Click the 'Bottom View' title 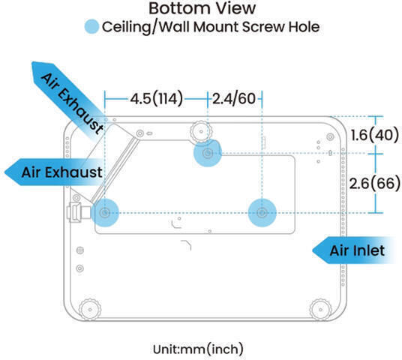202,8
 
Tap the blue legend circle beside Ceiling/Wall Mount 91,27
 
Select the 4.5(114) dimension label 157,99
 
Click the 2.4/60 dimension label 234,99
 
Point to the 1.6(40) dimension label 375,135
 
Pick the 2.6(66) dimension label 375,183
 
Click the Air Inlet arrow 353,250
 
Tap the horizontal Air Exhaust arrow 54,172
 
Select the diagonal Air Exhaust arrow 69,99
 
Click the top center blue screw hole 208,153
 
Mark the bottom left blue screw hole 105,212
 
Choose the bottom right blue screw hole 262,213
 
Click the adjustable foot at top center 201,132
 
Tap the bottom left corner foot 90,310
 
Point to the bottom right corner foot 320,310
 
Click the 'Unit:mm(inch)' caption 198,349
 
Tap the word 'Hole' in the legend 304,27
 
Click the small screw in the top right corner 330,136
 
